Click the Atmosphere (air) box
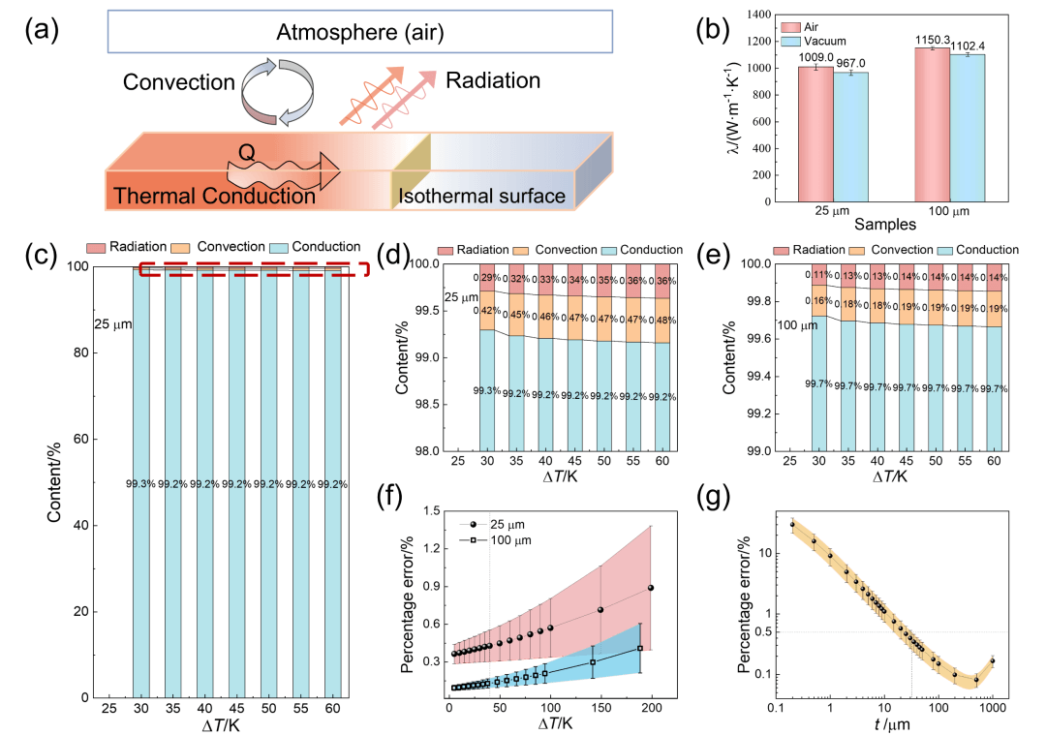coord(359,34)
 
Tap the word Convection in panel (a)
coord(179,83)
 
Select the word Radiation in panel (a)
coord(492,81)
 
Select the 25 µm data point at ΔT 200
coord(651,588)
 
